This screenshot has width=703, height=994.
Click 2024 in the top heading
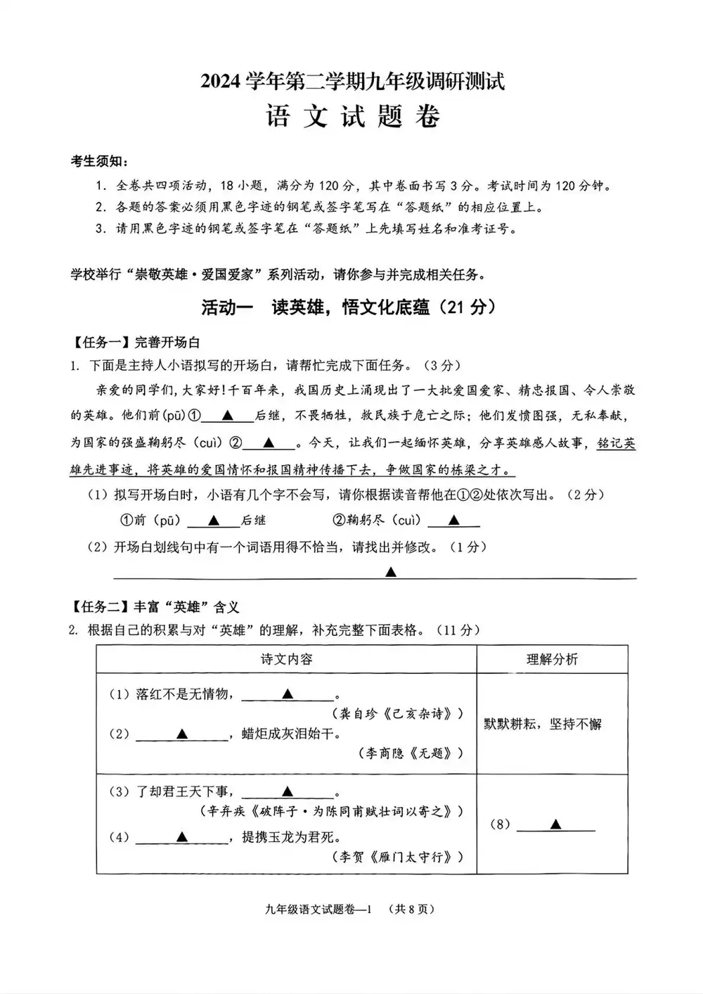221,83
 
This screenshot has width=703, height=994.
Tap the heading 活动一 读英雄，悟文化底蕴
349,307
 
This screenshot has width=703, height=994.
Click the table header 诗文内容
286,659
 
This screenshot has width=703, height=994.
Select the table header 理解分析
552,659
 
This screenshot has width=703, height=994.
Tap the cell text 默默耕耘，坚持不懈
543,724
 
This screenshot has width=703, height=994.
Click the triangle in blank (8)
555,824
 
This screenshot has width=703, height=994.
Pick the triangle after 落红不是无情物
287,694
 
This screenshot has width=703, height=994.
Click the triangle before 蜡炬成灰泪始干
182,734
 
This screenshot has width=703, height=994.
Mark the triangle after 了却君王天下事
287,791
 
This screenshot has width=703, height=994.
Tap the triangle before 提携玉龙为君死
182,837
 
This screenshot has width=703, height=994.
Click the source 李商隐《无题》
411,753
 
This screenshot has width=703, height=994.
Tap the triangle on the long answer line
391,573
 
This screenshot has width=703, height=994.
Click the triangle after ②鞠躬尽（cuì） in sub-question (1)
453,521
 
